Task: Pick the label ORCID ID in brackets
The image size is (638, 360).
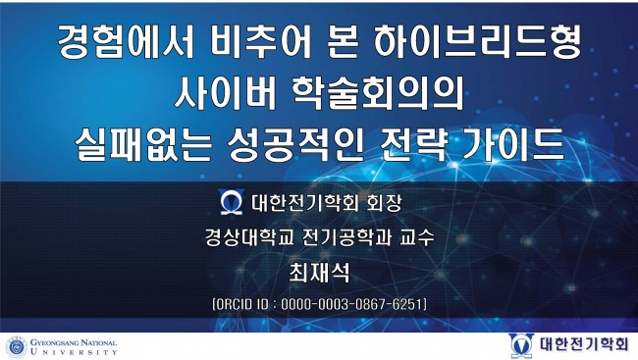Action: [244, 303]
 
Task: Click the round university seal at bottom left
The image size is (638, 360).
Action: [16, 346]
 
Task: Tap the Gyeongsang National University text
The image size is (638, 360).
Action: [74, 346]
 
